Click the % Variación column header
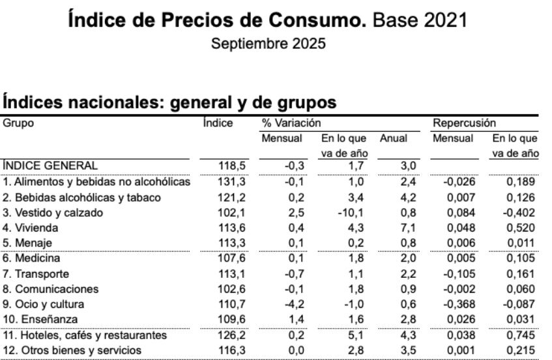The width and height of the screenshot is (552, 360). pyautogui.click(x=291, y=123)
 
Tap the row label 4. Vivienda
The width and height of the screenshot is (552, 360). pyautogui.click(x=31, y=228)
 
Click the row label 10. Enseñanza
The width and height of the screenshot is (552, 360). pyautogui.click(x=40, y=320)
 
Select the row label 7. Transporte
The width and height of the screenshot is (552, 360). pyautogui.click(x=36, y=274)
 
